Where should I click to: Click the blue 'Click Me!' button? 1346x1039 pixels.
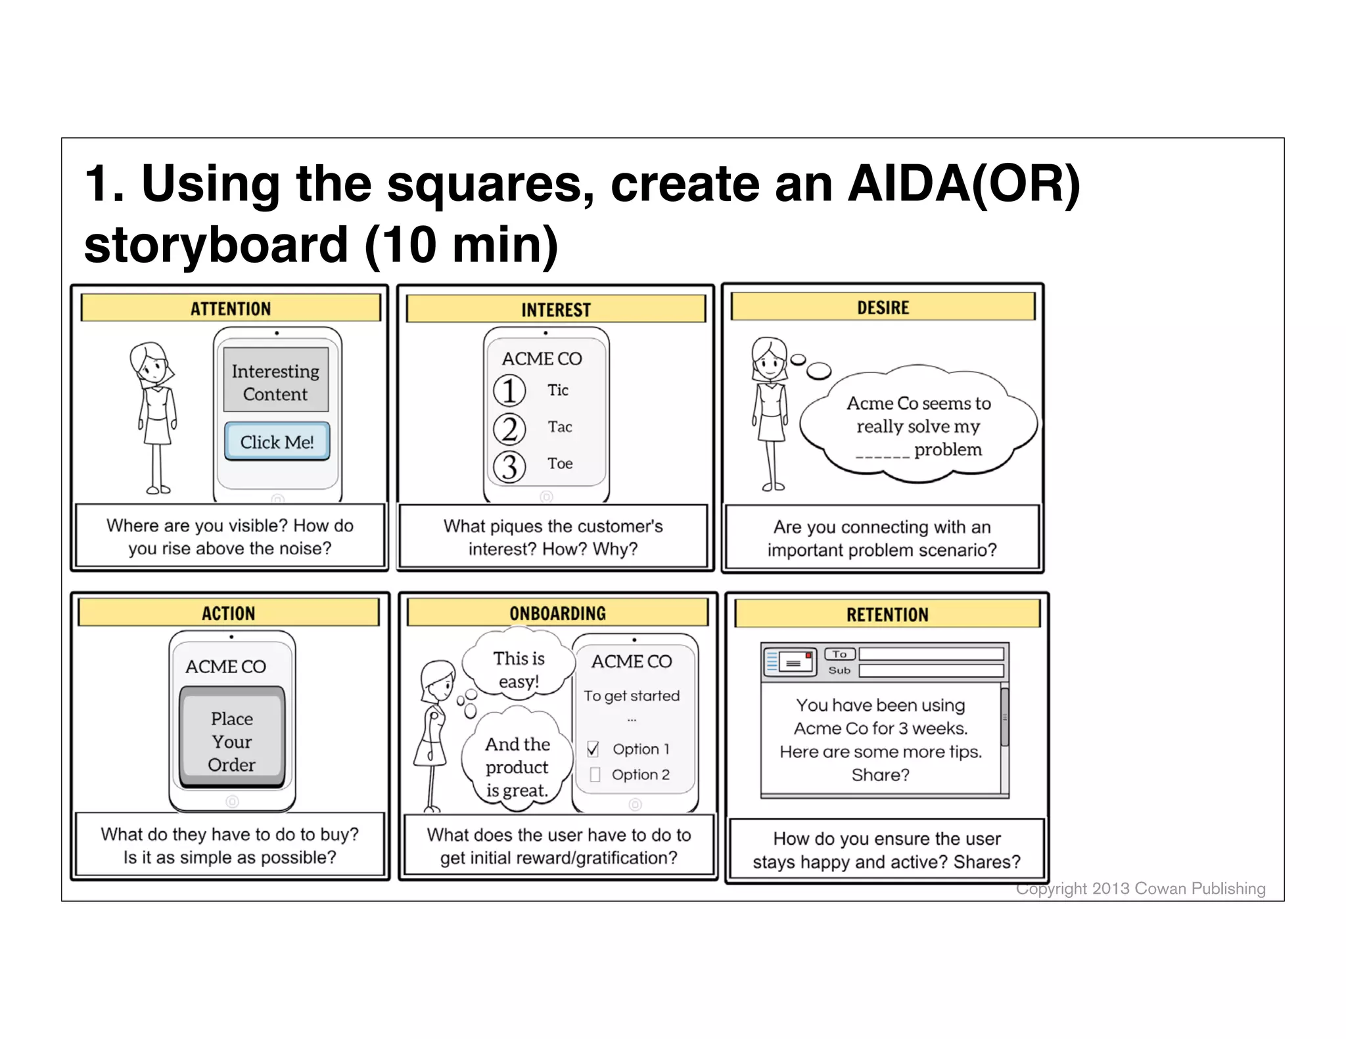(x=277, y=441)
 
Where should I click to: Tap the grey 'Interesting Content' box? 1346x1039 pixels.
(x=275, y=382)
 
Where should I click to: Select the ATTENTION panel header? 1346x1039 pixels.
(x=230, y=308)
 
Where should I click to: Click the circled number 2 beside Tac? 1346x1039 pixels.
(x=509, y=428)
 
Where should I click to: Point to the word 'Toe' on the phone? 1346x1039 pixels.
(x=560, y=464)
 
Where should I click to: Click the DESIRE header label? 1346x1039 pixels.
(x=883, y=307)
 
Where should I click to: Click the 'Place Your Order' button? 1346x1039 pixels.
(x=232, y=740)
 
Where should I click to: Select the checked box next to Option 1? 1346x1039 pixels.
(x=593, y=749)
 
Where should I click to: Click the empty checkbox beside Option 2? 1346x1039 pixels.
(x=595, y=775)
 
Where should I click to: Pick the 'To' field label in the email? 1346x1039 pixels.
(x=839, y=654)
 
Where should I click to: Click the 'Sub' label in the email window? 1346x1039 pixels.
(x=839, y=671)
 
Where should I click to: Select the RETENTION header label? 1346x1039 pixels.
(x=887, y=615)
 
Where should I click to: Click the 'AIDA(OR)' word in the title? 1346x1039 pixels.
(x=963, y=183)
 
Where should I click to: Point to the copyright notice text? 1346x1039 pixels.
(x=1140, y=889)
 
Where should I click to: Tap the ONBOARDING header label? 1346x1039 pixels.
(x=557, y=613)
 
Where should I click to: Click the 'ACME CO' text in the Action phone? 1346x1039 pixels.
(x=225, y=667)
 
